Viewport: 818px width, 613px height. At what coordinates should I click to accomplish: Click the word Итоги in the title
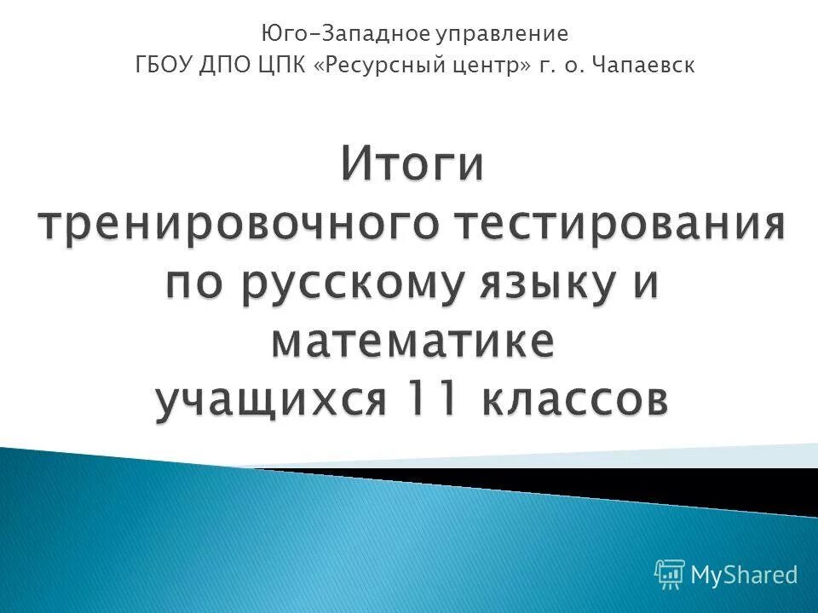[413, 165]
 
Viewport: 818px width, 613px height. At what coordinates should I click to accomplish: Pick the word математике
[412, 342]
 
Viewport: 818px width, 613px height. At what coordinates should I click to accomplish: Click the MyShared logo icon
[669, 574]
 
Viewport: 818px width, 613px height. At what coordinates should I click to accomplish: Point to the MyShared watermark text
[743, 575]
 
